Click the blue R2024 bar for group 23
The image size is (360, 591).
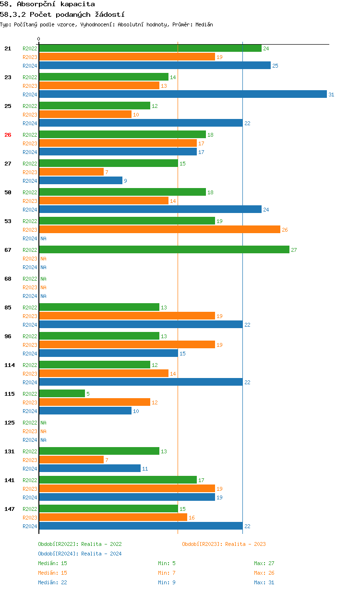click(182, 95)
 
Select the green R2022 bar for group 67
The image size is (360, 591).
click(164, 250)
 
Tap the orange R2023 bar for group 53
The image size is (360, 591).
click(159, 230)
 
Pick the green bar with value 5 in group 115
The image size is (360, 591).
click(62, 394)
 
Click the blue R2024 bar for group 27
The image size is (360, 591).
click(81, 181)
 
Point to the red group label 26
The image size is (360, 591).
click(8, 135)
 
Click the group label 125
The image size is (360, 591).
click(10, 423)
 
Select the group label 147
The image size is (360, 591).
click(10, 509)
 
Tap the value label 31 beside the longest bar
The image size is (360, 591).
click(331, 95)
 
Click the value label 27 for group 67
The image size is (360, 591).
click(294, 250)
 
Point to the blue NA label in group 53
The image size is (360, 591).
click(43, 238)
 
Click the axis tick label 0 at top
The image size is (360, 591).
click(39, 39)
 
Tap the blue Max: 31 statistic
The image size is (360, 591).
click(264, 582)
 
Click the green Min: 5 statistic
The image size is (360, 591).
click(167, 563)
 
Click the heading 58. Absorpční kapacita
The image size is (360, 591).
click(48, 4)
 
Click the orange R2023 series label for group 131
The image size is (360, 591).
click(30, 460)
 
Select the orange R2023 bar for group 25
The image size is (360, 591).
click(85, 115)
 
